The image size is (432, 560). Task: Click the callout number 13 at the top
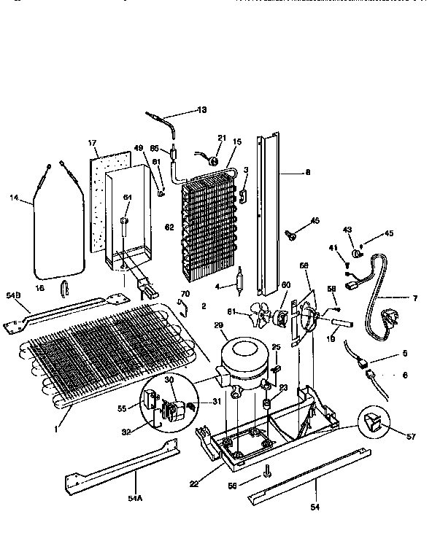tap(201, 109)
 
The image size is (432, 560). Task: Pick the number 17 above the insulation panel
tap(93, 143)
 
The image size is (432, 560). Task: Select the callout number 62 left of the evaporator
tap(169, 227)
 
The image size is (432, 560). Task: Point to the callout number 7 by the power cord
tap(415, 297)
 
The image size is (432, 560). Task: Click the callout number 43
tap(347, 230)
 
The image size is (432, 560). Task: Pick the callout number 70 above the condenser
tap(185, 294)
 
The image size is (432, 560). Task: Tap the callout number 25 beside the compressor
tap(276, 346)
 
